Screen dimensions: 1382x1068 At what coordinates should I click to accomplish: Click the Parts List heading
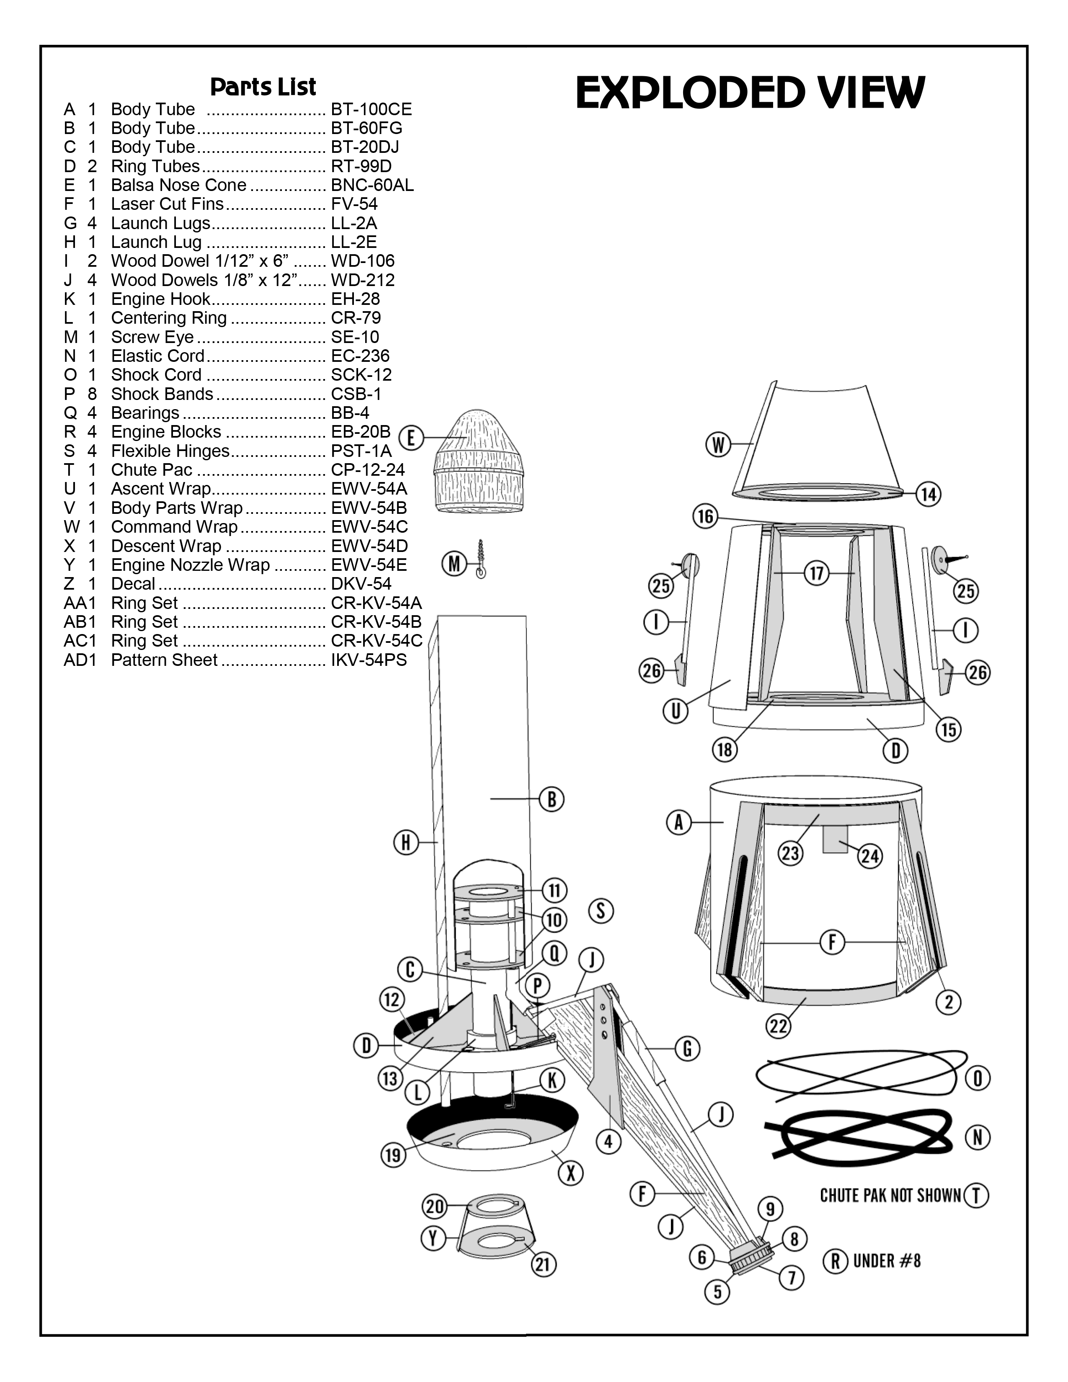click(263, 87)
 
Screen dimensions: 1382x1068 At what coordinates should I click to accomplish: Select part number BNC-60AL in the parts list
click(372, 186)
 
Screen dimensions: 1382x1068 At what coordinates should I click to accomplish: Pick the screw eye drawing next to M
click(481, 560)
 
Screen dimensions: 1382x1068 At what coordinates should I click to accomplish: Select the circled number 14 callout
click(928, 494)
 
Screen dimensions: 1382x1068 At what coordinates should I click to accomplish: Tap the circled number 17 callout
click(816, 573)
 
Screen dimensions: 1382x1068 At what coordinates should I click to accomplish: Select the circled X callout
click(570, 1173)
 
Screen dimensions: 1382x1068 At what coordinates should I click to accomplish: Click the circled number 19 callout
click(393, 1155)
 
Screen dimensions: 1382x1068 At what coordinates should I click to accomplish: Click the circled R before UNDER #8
click(835, 1261)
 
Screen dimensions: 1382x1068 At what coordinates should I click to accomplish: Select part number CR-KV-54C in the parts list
click(377, 641)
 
